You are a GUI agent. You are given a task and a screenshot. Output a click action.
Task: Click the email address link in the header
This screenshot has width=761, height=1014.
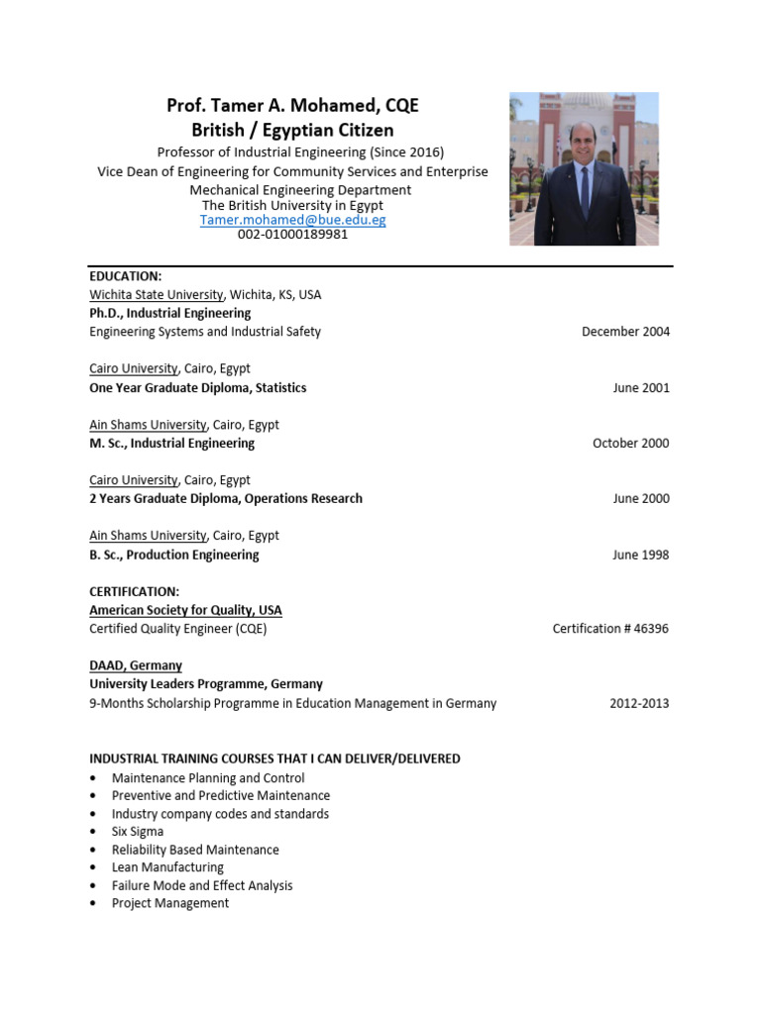[x=292, y=220]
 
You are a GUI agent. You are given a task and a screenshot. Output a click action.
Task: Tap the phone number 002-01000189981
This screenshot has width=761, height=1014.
[x=292, y=235]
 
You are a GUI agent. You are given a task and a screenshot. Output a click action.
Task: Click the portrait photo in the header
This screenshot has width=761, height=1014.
[x=584, y=169]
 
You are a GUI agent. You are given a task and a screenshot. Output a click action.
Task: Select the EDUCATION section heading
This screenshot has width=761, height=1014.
[x=125, y=276]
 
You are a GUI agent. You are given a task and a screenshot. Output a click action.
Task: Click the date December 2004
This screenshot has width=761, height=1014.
[x=625, y=332]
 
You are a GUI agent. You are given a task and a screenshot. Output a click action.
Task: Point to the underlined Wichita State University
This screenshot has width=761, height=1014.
[x=157, y=294]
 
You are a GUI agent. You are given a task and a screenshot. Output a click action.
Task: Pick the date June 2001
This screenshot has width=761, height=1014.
[x=641, y=387]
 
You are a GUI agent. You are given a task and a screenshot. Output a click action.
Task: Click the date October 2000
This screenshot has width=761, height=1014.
[x=630, y=443]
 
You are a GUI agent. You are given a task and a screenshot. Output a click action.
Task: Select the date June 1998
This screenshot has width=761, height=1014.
[x=641, y=555]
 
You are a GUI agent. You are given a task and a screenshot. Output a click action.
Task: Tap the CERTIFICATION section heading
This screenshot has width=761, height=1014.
[x=134, y=591]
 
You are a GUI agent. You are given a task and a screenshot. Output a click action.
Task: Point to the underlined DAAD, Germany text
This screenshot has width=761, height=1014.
[x=136, y=665]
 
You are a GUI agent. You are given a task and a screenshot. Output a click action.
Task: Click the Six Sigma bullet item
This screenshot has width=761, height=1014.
[x=138, y=832]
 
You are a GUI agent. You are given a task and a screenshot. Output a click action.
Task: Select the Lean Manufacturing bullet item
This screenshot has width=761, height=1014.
[x=167, y=867]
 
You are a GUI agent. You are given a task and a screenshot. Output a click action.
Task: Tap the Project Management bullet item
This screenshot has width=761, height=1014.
[x=169, y=903]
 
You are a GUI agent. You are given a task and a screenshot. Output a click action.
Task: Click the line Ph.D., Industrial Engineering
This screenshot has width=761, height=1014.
[x=169, y=313]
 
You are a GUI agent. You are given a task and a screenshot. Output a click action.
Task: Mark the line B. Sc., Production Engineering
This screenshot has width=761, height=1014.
[x=173, y=555]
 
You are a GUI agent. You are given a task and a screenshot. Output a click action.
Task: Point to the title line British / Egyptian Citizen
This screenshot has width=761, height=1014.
[x=292, y=130]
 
